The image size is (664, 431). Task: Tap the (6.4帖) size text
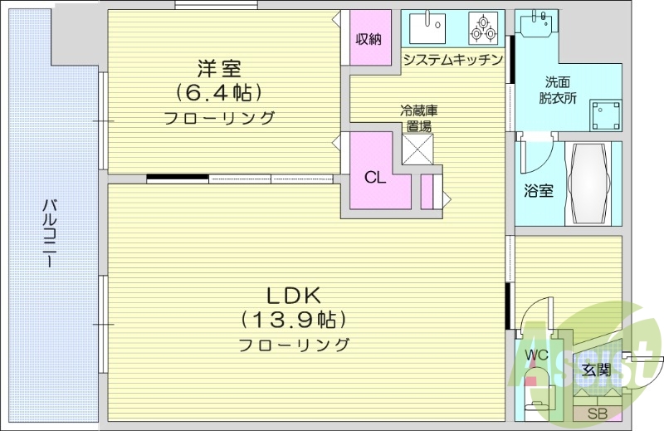click(x=219, y=91)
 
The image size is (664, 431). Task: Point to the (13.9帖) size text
click(x=293, y=319)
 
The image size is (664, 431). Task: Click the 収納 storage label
click(x=369, y=38)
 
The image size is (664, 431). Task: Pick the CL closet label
click(x=375, y=177)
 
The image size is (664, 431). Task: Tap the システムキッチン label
click(x=452, y=59)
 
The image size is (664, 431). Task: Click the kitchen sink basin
click(x=427, y=28)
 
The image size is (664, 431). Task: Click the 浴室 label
click(x=539, y=190)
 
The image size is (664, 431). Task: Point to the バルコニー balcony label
click(x=51, y=233)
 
